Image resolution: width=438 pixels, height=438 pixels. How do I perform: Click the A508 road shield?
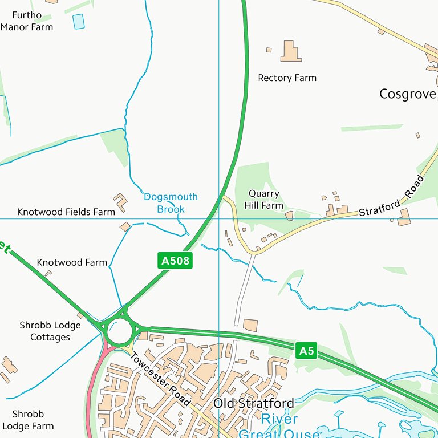pos(175,261)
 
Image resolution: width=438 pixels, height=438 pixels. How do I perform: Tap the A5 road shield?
pos(306,351)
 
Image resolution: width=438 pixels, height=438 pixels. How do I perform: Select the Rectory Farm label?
pos(287,78)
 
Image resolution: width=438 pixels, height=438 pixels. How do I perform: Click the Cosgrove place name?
pos(407,94)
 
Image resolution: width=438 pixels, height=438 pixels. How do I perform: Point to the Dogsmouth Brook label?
pos(171,203)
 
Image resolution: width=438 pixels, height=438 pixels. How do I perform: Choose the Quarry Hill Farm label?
pos(263,200)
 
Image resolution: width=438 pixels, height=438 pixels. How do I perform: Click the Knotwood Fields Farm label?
pos(66,212)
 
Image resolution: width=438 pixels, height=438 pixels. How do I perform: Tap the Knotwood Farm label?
pos(72,262)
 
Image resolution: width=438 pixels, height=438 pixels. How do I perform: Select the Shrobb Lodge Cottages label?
pos(50,331)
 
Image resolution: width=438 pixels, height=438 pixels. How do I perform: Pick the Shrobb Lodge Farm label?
pos(28,420)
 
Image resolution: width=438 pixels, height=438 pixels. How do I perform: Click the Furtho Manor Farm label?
pos(27,21)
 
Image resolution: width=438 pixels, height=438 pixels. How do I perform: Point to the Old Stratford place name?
pos(254,403)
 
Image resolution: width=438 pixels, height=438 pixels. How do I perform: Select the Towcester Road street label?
pos(160,379)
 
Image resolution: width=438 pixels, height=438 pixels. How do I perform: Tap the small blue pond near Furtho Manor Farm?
pos(78,22)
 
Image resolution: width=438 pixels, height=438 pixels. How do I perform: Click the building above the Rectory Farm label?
pos(290,52)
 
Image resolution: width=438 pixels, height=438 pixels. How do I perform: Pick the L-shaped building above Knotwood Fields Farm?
pos(120,202)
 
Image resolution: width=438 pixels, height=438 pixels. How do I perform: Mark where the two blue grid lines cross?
pos(218,218)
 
